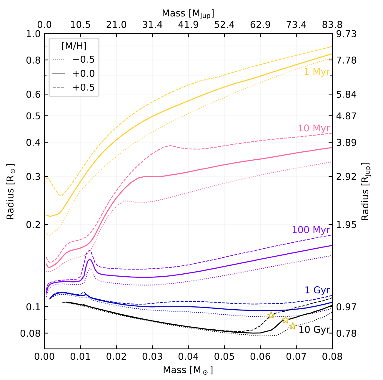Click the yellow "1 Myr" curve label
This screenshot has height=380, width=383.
[317, 72]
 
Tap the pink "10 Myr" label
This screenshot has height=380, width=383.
[314, 128]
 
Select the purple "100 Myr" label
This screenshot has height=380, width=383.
[311, 230]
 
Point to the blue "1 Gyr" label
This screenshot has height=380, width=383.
[317, 290]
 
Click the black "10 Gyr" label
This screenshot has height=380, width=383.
[314, 330]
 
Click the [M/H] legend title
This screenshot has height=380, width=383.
[74, 46]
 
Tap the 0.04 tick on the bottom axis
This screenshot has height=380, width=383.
[188, 356]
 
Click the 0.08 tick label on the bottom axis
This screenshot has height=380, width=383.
[332, 356]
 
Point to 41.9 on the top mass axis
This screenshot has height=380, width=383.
[188, 25]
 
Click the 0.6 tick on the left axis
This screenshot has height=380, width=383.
[33, 95]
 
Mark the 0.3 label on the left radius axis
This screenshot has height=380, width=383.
[33, 177]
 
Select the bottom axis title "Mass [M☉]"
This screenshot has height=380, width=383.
[188, 370]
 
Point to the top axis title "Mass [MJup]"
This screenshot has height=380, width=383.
[188, 14]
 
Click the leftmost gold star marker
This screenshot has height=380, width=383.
[271, 315]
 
